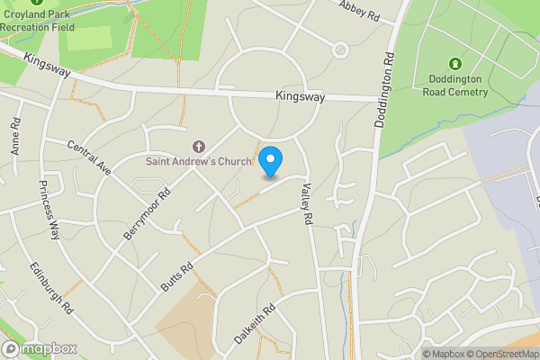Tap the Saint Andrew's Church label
200,162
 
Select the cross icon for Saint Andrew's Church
199,146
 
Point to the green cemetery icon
455,64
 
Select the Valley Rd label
307,203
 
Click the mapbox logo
40,348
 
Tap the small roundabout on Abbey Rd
340,50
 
